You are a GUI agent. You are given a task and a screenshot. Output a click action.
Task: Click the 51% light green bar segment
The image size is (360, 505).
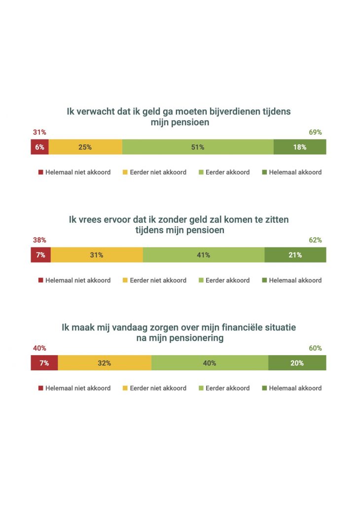coord(198,147)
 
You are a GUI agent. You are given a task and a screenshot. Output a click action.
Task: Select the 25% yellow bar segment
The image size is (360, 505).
coord(85,147)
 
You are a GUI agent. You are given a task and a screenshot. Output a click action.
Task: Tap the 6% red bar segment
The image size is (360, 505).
coord(39,147)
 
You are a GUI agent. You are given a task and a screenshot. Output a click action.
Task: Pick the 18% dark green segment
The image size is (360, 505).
coord(300,147)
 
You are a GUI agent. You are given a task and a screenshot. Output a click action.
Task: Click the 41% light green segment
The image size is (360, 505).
coord(204,255)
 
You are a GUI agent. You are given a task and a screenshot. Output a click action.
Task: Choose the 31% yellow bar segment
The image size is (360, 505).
coord(97,255)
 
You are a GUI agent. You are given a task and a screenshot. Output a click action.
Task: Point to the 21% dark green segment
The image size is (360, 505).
coord(295,255)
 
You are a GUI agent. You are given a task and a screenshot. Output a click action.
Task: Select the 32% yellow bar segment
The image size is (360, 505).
coord(105,363)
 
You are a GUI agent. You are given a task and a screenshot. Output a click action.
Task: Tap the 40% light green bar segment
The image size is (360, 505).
coord(210,363)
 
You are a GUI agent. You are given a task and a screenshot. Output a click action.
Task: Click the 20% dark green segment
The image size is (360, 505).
coord(297,363)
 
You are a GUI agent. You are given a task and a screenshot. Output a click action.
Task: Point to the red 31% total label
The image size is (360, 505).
coord(39,132)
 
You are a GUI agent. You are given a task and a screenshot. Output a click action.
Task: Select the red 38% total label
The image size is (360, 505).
coord(39,240)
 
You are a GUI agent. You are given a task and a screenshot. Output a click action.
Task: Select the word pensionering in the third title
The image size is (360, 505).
coord(194,338)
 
